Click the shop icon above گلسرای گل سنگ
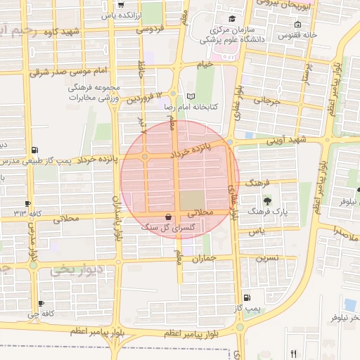167,217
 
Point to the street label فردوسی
148,30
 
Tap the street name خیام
205,64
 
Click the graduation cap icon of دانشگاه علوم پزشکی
232,18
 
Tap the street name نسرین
266,257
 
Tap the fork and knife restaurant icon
293,354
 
